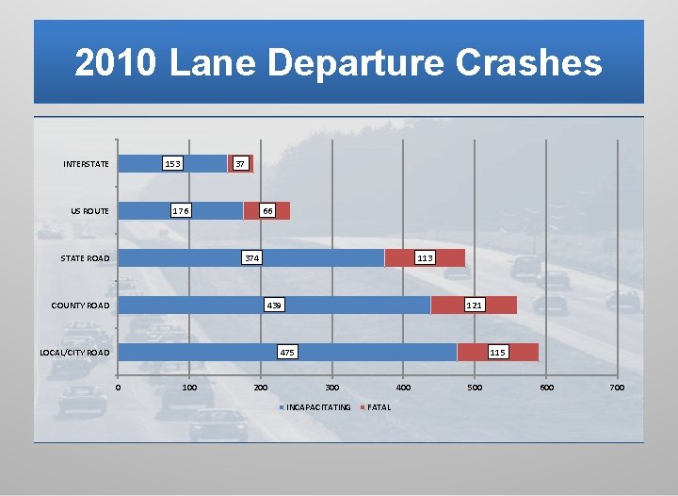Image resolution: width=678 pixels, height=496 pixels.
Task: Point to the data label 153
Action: coord(172,164)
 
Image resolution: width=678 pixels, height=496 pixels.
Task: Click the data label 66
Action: coord(267,211)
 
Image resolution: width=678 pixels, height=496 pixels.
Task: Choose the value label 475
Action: coord(287,353)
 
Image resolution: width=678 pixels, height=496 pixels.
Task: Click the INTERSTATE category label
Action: coord(86,164)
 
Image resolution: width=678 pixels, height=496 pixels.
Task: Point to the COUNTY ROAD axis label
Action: coord(80,306)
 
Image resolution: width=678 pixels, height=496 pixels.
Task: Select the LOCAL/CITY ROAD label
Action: coord(74,353)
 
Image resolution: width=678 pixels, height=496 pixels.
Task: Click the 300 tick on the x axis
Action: coord(331,388)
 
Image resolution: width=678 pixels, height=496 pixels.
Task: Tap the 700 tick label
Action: coord(617,388)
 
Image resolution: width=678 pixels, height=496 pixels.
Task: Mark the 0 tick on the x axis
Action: coord(118,388)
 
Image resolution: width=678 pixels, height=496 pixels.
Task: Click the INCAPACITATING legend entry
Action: coord(317,407)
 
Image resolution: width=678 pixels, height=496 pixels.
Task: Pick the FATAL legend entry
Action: coord(379,407)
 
